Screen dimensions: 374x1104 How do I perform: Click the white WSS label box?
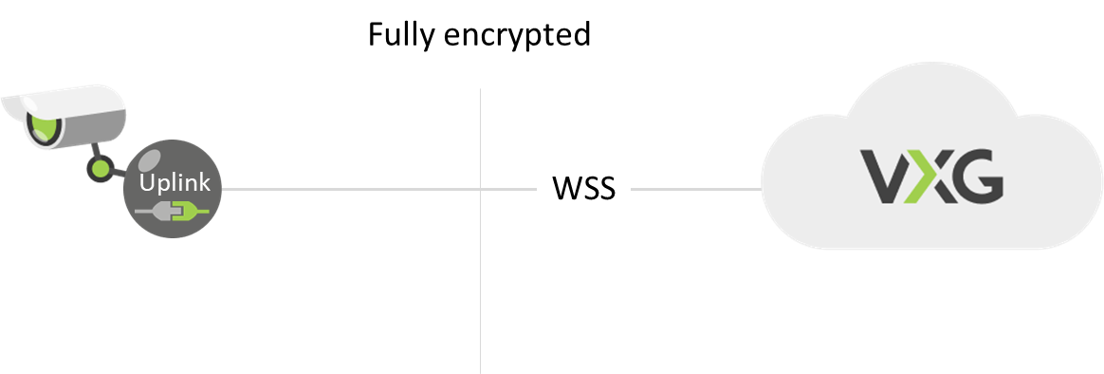click(583, 188)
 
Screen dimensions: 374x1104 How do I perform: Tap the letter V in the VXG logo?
click(888, 178)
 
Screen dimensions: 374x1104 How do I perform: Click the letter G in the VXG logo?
click(975, 178)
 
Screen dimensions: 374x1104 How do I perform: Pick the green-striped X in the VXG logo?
click(929, 178)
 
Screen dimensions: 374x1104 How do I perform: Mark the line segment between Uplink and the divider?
click(351, 189)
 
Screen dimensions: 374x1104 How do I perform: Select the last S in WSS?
click(606, 188)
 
